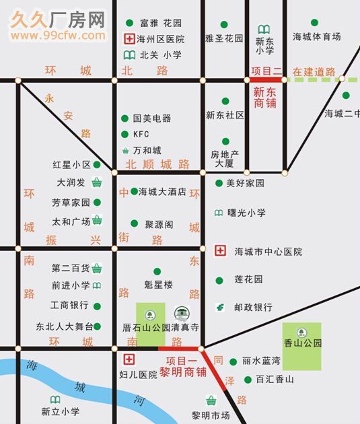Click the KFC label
[141, 135]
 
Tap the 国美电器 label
[152, 118]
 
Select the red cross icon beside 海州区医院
[127, 39]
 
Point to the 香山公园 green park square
[302, 345]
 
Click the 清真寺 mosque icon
[181, 314]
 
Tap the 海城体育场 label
[317, 38]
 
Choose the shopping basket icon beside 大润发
[97, 182]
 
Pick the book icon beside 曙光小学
[219, 213]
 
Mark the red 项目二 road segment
[264, 80]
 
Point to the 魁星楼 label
[159, 285]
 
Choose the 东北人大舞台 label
[65, 327]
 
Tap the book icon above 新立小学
[53, 400]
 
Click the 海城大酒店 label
[162, 192]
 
